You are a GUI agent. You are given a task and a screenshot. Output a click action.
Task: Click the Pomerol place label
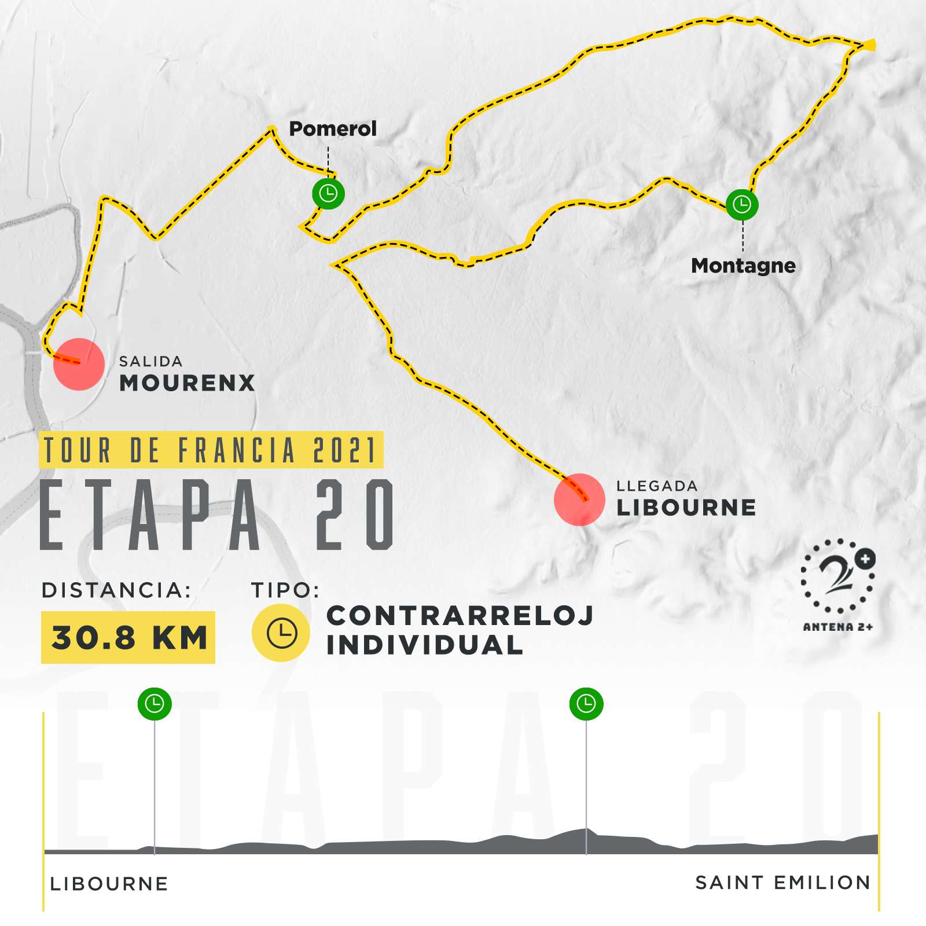(332, 128)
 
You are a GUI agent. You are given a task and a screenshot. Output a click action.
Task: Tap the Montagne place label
(743, 266)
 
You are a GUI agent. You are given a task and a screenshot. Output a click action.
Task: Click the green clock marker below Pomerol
(328, 193)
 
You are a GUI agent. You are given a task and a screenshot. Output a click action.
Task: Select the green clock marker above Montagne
(742, 204)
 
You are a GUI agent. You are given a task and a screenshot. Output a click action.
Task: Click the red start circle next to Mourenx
(79, 364)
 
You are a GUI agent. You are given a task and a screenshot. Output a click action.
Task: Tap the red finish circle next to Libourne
(579, 499)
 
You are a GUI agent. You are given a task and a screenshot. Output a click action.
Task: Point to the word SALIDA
(150, 362)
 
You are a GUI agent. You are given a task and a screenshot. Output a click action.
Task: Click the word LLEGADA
(657, 486)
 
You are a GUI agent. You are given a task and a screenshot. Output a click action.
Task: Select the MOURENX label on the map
(187, 383)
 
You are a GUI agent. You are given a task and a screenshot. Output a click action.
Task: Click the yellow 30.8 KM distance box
(128, 637)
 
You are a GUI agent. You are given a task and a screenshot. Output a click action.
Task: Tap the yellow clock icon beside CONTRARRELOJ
(281, 633)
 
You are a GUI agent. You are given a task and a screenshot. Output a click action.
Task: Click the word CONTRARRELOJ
(460, 616)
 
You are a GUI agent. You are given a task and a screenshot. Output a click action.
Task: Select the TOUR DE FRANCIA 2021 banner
(211, 450)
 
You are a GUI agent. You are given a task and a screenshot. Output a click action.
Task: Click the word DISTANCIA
(116, 590)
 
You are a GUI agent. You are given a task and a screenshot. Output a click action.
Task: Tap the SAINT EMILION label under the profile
(782, 883)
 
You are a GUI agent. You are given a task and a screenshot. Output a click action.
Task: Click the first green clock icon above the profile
(155, 704)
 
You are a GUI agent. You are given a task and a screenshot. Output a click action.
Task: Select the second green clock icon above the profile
(586, 704)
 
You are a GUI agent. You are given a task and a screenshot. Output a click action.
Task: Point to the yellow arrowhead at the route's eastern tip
(870, 45)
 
